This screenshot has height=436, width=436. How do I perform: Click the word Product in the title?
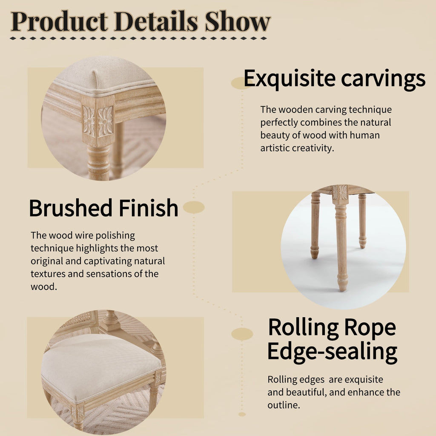[x=59, y=21]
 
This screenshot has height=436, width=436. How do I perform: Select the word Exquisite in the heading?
[x=290, y=79]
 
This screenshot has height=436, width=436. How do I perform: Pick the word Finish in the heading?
[x=149, y=208]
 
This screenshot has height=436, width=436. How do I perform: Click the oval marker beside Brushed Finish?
[x=194, y=207]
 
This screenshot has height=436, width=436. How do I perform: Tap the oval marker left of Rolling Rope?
[x=242, y=334]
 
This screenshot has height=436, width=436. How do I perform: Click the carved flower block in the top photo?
[x=98, y=121]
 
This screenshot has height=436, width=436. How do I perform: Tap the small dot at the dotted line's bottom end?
[x=242, y=414]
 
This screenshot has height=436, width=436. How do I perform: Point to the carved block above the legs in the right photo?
[x=340, y=192]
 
